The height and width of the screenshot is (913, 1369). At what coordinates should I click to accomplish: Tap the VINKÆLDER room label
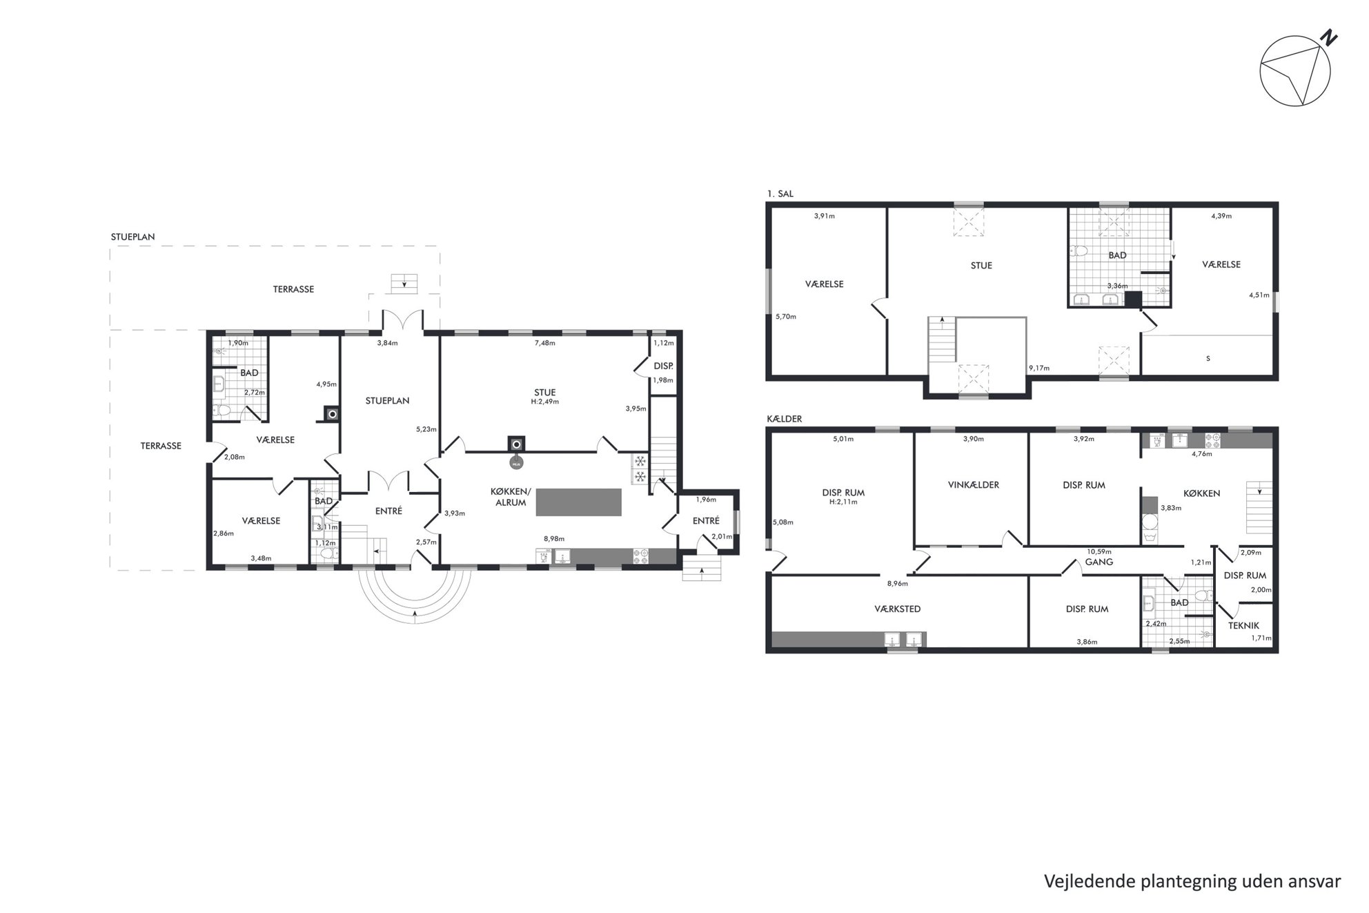[974, 484]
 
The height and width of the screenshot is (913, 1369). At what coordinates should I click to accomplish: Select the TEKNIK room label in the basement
[1243, 625]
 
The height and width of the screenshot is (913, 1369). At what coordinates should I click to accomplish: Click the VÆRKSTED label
[897, 609]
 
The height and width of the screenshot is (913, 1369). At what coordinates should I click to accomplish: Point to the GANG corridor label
[1099, 562]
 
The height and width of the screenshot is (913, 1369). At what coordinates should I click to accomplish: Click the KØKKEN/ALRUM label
[511, 497]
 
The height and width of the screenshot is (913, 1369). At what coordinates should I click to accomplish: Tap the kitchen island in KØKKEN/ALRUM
[578, 502]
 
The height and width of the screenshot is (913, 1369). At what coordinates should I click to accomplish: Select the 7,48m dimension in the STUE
[544, 343]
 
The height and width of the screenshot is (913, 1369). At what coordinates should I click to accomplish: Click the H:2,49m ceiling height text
[544, 402]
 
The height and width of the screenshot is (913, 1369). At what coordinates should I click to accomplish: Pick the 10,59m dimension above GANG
[1099, 551]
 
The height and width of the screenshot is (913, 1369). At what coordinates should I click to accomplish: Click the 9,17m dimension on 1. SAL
[1039, 368]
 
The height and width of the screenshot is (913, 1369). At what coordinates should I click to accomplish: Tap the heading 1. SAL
[780, 194]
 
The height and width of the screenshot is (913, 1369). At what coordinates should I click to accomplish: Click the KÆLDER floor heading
[785, 419]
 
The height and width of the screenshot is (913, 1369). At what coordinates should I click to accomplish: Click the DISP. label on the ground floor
[663, 366]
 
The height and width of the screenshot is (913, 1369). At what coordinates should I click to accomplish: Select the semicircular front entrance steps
[414, 595]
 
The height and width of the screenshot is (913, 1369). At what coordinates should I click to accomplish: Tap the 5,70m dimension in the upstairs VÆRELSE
[786, 317]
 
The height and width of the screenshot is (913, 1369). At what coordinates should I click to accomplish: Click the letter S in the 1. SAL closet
[1208, 358]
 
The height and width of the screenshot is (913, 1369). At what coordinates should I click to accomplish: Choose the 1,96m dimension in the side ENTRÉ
[706, 500]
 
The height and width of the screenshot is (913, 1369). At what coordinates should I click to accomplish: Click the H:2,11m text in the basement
[843, 502]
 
